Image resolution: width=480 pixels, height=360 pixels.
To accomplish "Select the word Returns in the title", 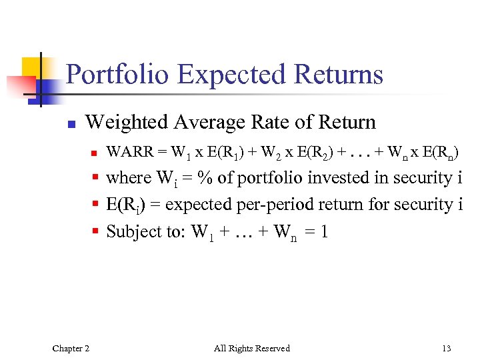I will [x=343, y=75].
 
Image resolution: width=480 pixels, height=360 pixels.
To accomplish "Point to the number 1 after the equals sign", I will [x=323, y=232].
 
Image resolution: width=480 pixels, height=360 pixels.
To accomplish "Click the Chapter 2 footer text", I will [x=71, y=348].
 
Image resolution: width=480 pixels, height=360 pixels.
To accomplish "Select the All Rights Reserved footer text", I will [x=251, y=348].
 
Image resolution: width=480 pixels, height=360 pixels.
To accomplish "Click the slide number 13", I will [x=446, y=348].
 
